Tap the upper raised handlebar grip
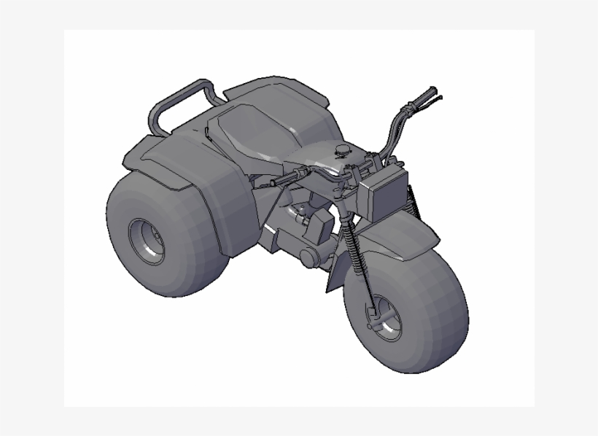click(x=423, y=98)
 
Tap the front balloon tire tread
click(x=438, y=321)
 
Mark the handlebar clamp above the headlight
click(x=365, y=168)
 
